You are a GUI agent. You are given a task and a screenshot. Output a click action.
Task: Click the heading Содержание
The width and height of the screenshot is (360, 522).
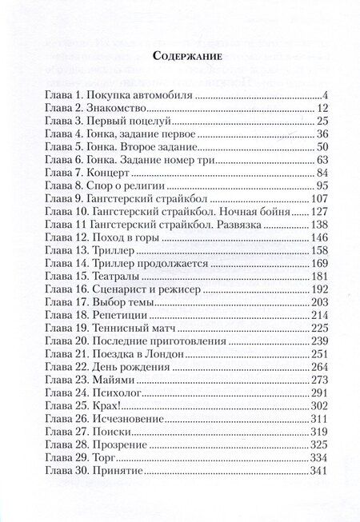pyautogui.click(x=181, y=56)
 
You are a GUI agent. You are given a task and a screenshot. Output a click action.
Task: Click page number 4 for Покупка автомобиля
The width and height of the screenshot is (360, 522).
pyautogui.click(x=306, y=96)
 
